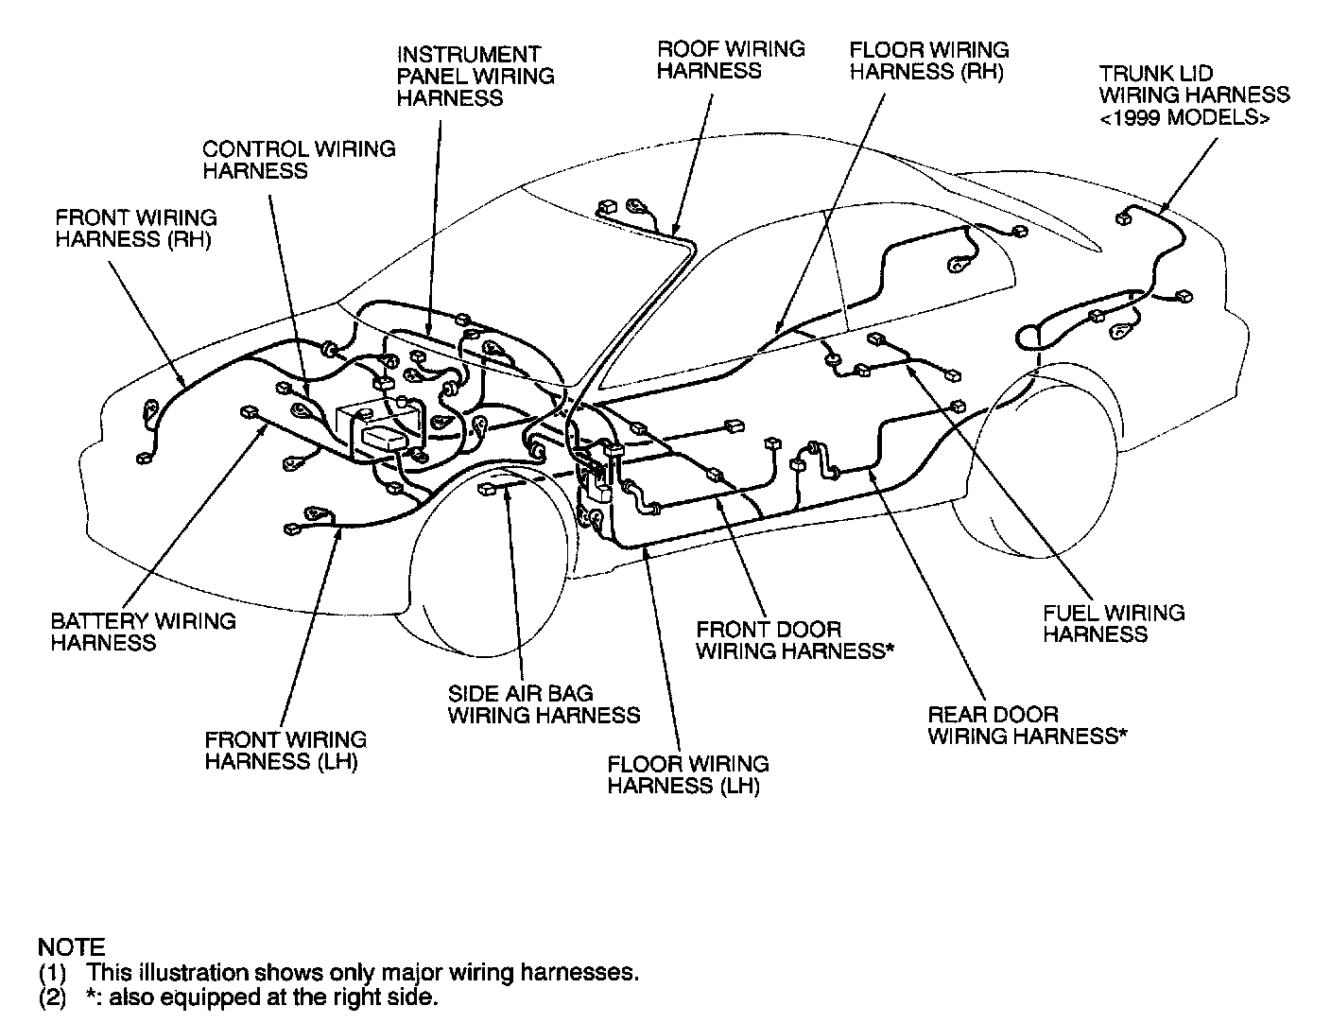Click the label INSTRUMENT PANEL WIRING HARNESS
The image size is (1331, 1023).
(x=475, y=77)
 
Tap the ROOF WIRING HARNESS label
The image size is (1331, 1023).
(x=731, y=60)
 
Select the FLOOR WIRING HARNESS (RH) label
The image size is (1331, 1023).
(x=928, y=60)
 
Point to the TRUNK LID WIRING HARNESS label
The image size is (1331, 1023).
(x=1193, y=84)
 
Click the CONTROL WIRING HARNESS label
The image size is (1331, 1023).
(x=299, y=160)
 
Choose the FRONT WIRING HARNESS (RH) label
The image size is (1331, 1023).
(x=135, y=229)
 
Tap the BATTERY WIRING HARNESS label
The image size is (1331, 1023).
(x=143, y=632)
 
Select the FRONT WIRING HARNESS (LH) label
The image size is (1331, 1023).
(x=285, y=751)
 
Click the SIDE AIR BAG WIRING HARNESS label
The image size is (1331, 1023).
(x=544, y=704)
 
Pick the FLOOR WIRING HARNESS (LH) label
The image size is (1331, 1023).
(x=687, y=774)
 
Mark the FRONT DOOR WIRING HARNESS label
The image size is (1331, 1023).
(x=794, y=640)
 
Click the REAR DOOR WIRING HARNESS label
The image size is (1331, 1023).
(x=1027, y=725)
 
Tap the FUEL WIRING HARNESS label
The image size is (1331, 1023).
(x=1113, y=623)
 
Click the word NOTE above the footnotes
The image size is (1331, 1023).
(x=71, y=946)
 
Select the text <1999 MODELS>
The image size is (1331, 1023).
(x=1184, y=117)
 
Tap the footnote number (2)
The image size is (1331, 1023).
(x=53, y=997)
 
